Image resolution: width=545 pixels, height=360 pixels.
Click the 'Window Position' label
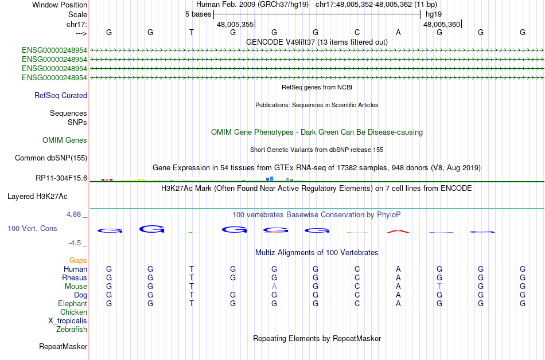pyautogui.click(x=60, y=5)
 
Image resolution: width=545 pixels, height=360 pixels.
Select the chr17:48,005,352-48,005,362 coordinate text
pyautogui.click(x=364, y=5)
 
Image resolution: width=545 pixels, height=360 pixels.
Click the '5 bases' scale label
pyautogui.click(x=198, y=14)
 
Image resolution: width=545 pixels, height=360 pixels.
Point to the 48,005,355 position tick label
pyautogui.click(x=235, y=24)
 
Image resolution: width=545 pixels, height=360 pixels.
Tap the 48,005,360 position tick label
pyautogui.click(x=442, y=24)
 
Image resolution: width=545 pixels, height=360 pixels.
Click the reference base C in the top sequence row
pyautogui.click(x=357, y=32)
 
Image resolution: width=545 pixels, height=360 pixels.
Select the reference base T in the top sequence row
pyautogui.click(x=192, y=32)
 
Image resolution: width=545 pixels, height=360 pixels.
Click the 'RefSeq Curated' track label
pyautogui.click(x=61, y=96)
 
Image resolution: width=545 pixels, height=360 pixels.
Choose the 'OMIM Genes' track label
pyautogui.click(x=65, y=140)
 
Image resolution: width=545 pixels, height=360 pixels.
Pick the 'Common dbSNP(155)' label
pyautogui.click(x=51, y=158)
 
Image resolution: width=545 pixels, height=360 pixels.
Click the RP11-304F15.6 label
pyautogui.click(x=61, y=178)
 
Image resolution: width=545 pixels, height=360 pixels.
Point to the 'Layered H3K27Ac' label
pyautogui.click(x=37, y=197)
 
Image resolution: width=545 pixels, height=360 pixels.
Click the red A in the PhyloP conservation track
pyautogui.click(x=398, y=231)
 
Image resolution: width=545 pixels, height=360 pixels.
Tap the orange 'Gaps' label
pyautogui.click(x=78, y=261)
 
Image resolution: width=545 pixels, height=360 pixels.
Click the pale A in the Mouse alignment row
pyautogui.click(x=274, y=287)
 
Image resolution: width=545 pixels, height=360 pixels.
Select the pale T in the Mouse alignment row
pyautogui.click(x=439, y=287)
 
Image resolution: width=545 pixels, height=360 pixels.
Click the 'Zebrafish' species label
pyautogui.click(x=72, y=330)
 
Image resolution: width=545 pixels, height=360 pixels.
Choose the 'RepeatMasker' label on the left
pyautogui.click(x=63, y=346)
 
